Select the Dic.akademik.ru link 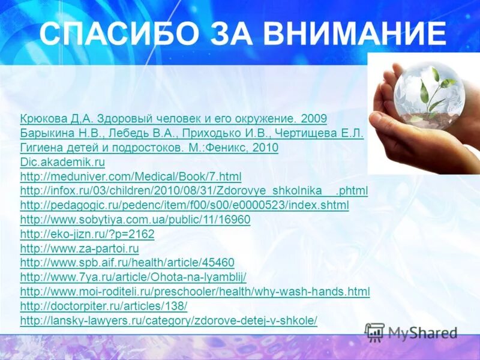(x=62, y=162)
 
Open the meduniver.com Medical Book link (x=131, y=176)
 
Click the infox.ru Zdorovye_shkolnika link (x=194, y=191)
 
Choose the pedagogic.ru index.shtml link (x=184, y=205)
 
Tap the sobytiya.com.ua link (x=135, y=220)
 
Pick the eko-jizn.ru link (x=87, y=234)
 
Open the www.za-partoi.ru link (x=79, y=248)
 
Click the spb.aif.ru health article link (x=127, y=263)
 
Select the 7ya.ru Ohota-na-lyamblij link (x=133, y=277)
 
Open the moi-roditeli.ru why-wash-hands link (x=195, y=292)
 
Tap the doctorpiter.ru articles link (x=104, y=306)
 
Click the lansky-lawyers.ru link (x=169, y=320)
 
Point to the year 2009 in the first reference (x=314, y=119)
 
